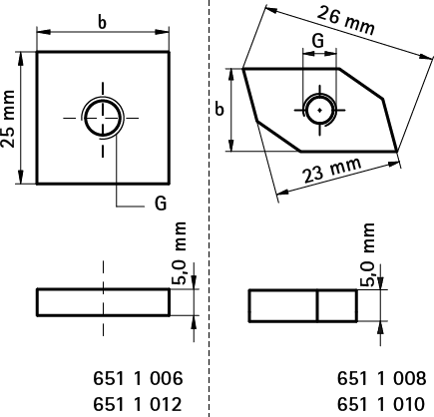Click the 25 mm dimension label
click(x=8, y=119)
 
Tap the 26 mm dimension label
click(x=346, y=20)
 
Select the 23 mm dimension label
click(x=332, y=171)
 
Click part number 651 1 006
click(x=138, y=378)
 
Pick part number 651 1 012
click(x=138, y=404)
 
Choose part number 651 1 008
click(x=381, y=378)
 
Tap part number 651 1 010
click(x=381, y=404)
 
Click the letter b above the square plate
click(x=103, y=23)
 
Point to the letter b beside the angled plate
click(x=219, y=109)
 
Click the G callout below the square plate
click(x=161, y=204)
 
